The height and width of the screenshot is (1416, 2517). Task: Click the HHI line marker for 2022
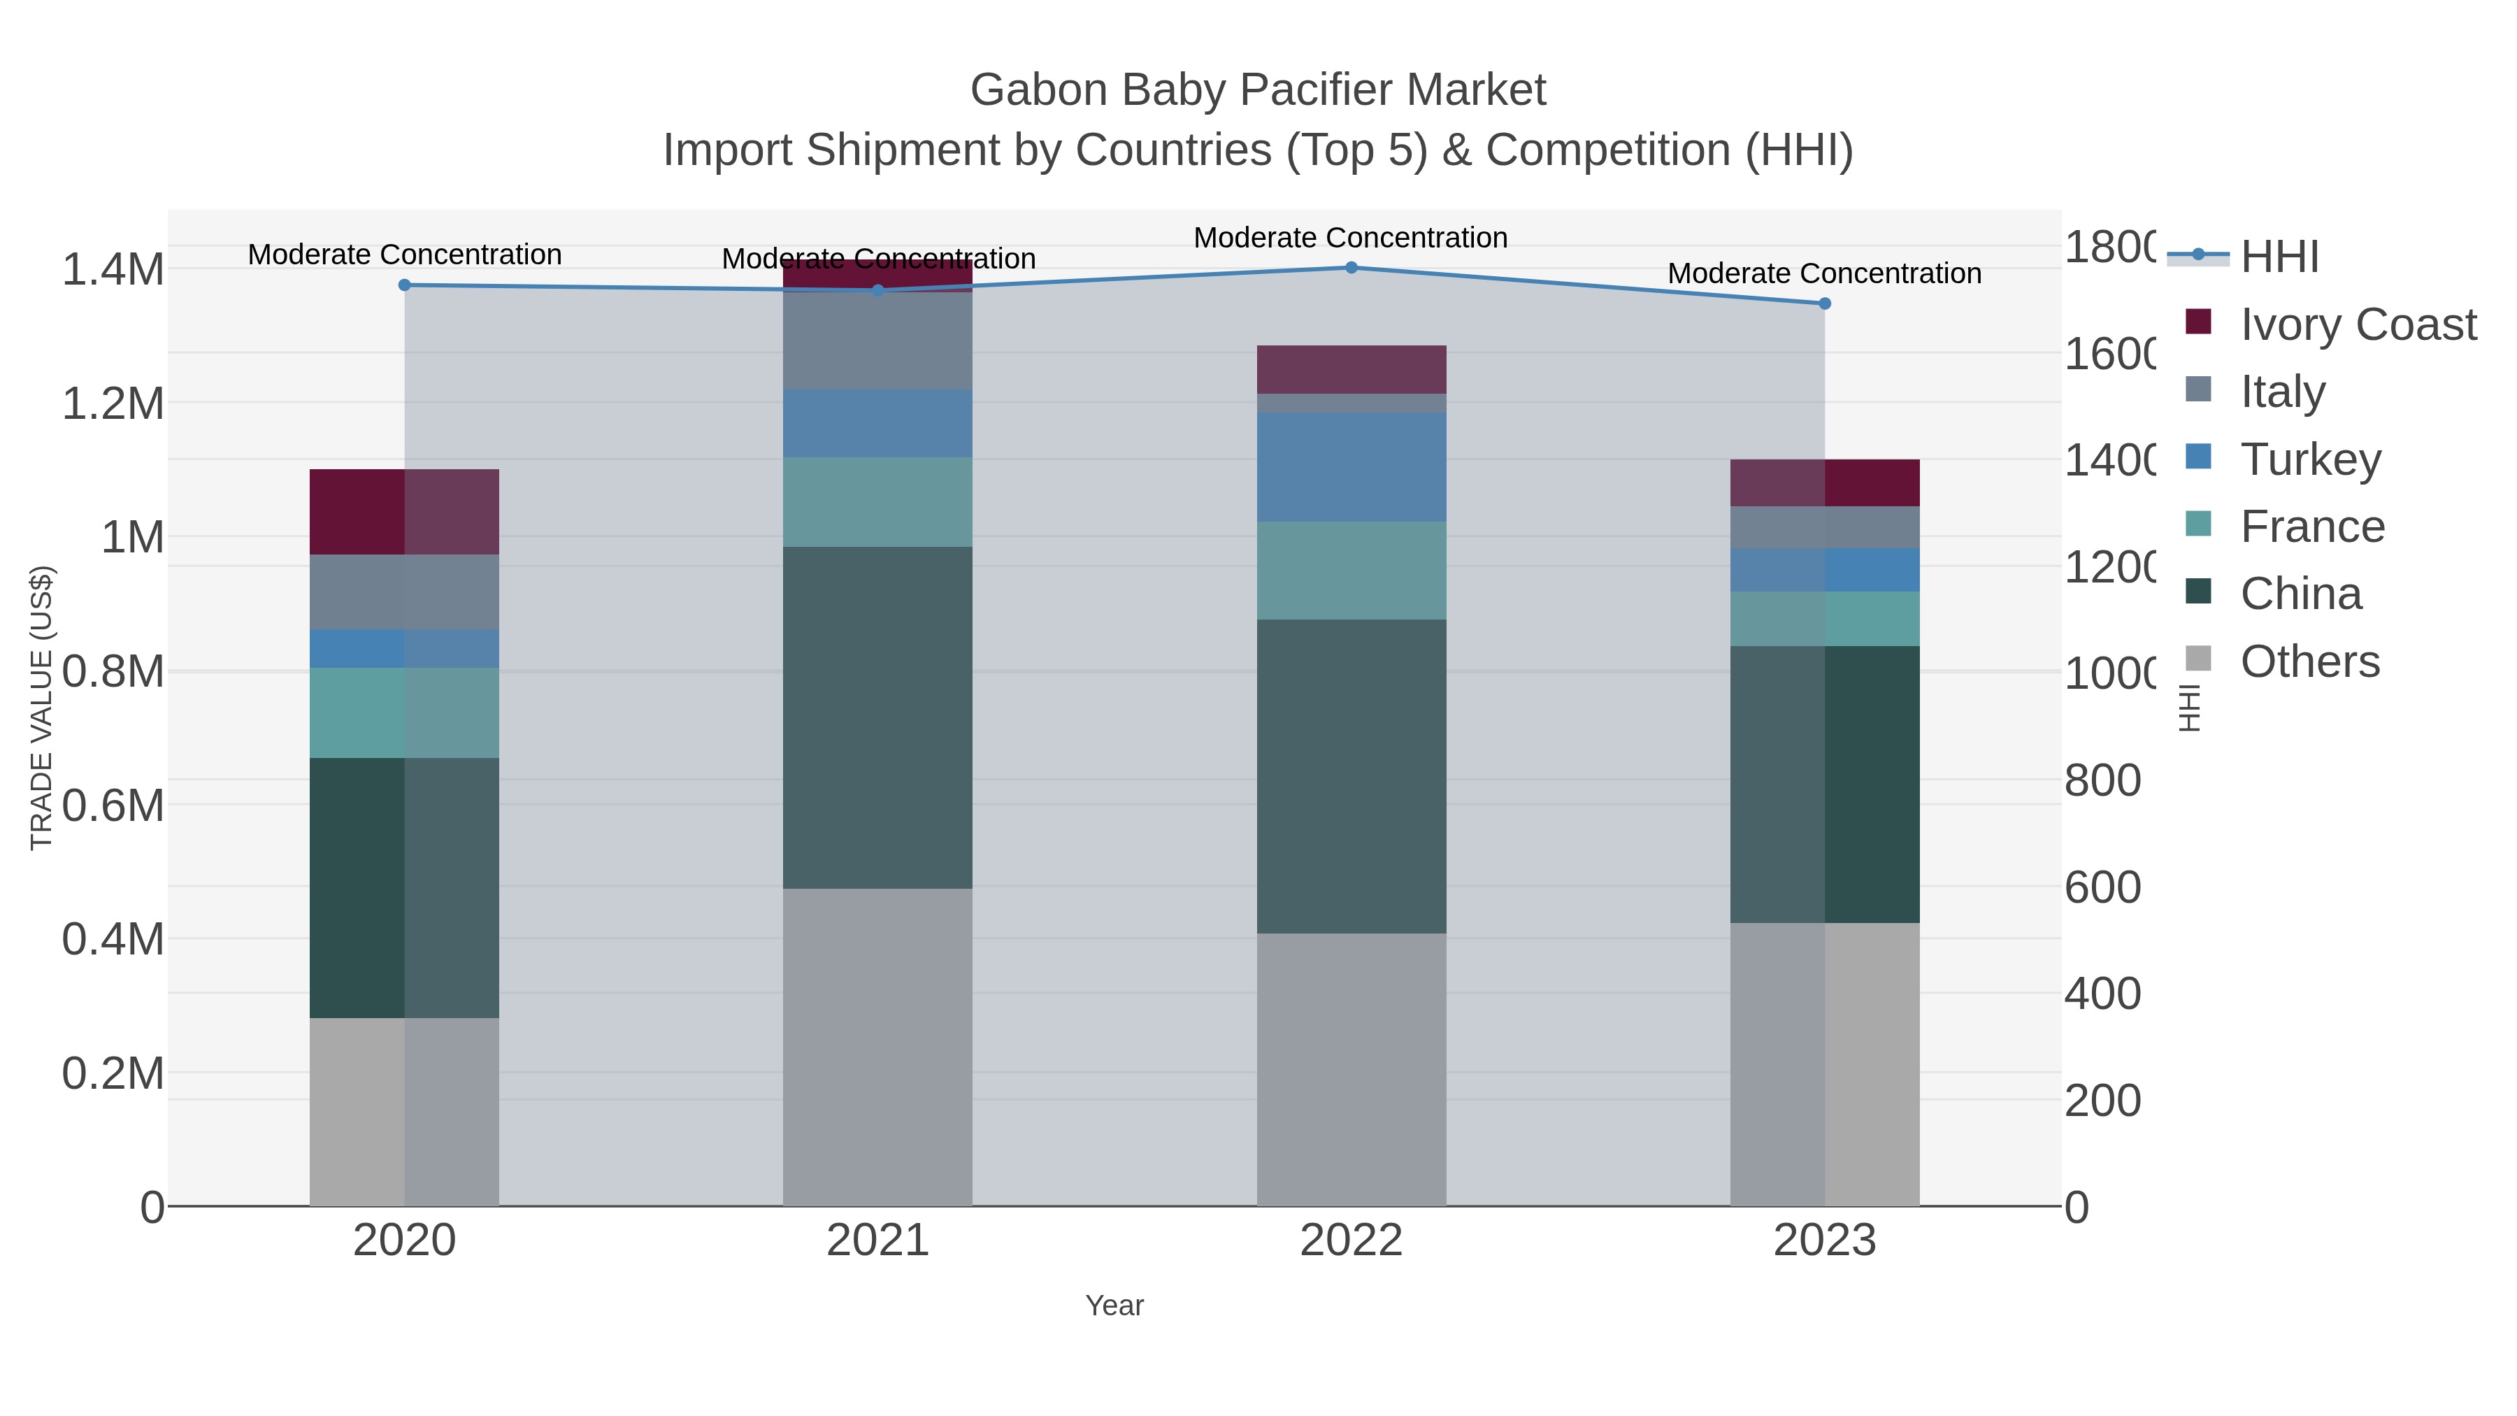pyautogui.click(x=1351, y=268)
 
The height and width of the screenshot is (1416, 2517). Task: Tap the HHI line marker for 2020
pyautogui.click(x=405, y=285)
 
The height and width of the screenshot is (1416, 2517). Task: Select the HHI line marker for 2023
pyautogui.click(x=1824, y=304)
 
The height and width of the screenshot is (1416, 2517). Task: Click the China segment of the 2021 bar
pyautogui.click(x=877, y=717)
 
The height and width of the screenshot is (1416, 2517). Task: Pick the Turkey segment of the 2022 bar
pyautogui.click(x=1351, y=467)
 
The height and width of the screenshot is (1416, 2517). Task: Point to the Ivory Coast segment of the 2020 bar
pyautogui.click(x=405, y=512)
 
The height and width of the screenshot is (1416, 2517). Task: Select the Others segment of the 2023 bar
pyautogui.click(x=1824, y=1064)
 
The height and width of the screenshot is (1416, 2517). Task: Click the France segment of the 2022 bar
pyautogui.click(x=1351, y=571)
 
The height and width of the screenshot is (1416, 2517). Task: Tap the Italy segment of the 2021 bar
pyautogui.click(x=877, y=341)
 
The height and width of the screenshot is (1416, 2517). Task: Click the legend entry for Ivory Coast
pyautogui.click(x=2358, y=324)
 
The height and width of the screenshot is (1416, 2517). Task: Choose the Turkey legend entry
pyautogui.click(x=2310, y=459)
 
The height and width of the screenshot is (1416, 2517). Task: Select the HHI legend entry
pyautogui.click(x=2279, y=257)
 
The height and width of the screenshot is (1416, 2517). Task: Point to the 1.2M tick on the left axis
pyautogui.click(x=113, y=403)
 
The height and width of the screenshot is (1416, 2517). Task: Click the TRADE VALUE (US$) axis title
pyautogui.click(x=41, y=708)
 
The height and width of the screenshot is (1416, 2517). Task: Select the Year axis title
pyautogui.click(x=1114, y=1306)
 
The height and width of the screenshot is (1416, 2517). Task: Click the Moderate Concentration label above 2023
pyautogui.click(x=1824, y=273)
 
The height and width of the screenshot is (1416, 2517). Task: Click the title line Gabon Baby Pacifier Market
pyautogui.click(x=1258, y=90)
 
